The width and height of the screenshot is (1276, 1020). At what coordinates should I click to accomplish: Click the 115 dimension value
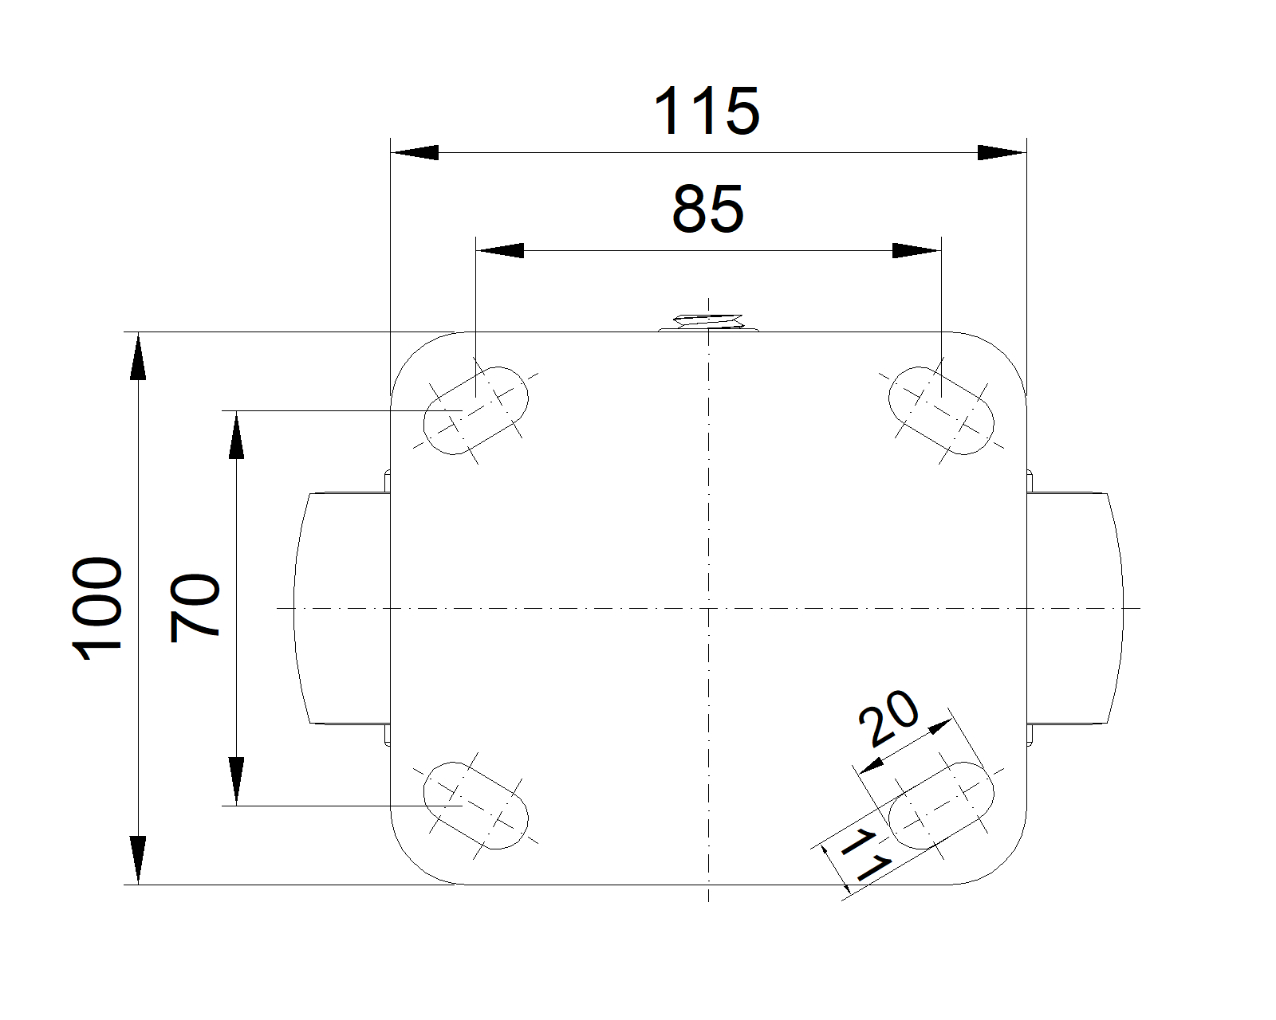(706, 110)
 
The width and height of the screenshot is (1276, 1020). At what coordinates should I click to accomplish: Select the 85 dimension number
(707, 209)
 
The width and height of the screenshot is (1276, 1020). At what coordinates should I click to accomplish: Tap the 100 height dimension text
(96, 608)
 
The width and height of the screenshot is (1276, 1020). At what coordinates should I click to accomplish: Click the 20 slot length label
(888, 717)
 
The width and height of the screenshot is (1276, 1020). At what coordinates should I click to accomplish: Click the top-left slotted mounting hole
(475, 410)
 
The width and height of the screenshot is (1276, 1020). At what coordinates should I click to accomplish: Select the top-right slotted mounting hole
(941, 410)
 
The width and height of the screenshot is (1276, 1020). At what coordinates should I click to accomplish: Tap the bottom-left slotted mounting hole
(475, 806)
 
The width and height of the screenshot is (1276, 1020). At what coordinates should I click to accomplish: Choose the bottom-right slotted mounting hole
(941, 806)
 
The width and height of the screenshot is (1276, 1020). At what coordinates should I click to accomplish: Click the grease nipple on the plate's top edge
(708, 322)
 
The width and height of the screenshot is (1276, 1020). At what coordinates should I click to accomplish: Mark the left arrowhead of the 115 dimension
(415, 152)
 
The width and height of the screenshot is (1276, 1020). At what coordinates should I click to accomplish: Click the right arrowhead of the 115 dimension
(1002, 152)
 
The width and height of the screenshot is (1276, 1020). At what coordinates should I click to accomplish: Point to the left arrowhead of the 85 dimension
(500, 251)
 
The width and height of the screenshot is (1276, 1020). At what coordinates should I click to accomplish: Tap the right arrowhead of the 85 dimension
(916, 251)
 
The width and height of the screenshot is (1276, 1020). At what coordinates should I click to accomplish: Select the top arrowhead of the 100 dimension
(138, 355)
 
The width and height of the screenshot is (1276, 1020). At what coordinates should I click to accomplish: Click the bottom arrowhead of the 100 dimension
(138, 860)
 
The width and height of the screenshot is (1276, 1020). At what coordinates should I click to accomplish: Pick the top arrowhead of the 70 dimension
(237, 434)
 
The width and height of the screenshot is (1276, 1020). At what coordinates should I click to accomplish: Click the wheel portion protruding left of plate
(342, 608)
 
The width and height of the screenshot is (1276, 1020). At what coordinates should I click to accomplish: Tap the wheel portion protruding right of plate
(1075, 608)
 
